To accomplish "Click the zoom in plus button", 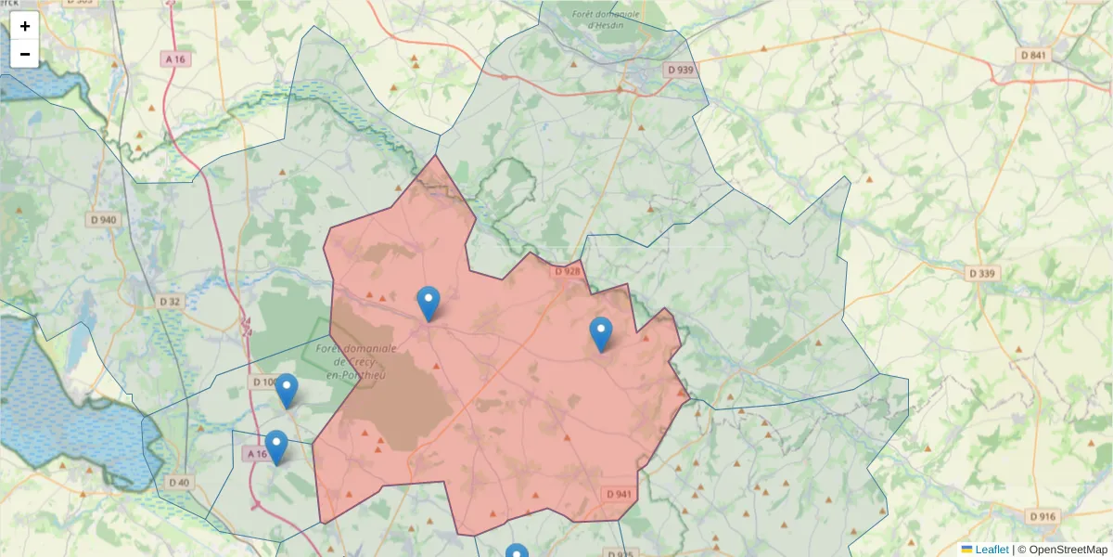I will click(25, 26).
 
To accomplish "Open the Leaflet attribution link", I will click(991, 550).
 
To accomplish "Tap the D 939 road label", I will click(680, 70).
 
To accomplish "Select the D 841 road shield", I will click(1032, 56).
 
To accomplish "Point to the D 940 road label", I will click(104, 220).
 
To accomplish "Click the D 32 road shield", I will click(170, 302).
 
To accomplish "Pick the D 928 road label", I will click(567, 271).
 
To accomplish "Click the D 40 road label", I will click(179, 482).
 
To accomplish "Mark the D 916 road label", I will click(1043, 516).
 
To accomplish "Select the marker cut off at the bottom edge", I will click(517, 551).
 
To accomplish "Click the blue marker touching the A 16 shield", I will click(275, 447).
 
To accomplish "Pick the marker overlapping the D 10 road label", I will click(287, 390).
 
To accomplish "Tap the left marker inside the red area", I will click(428, 303).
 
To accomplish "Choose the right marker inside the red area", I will click(601, 333).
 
